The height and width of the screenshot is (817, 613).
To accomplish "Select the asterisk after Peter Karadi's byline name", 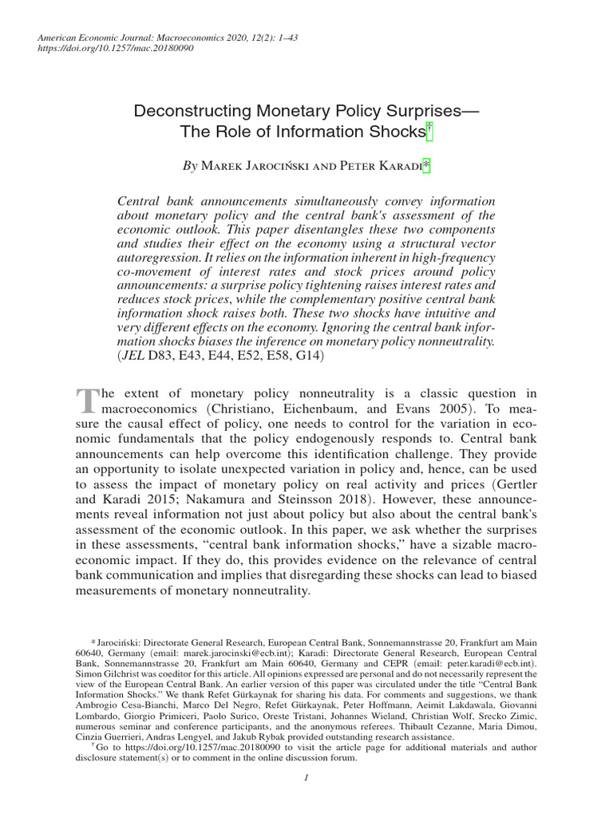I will click(426, 166).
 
